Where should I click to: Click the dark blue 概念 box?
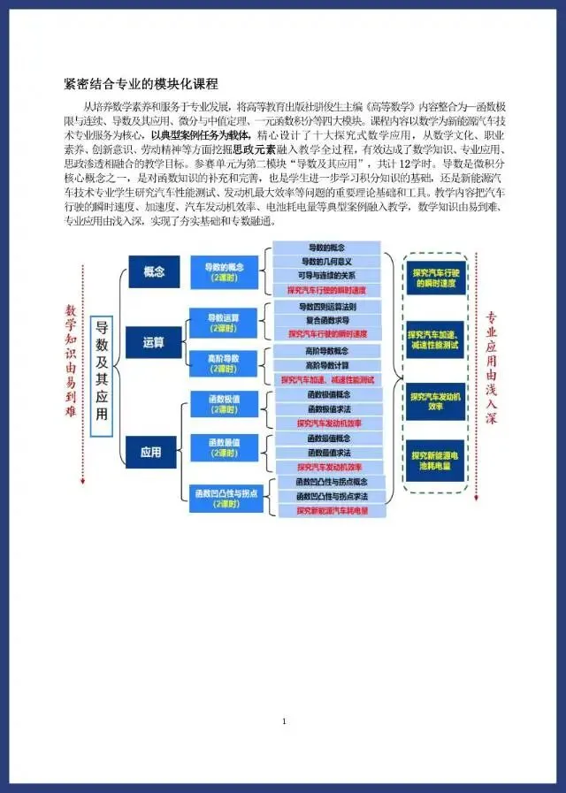tap(154, 271)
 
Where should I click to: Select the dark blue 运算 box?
tap(154, 342)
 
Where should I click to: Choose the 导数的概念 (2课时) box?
tap(225, 271)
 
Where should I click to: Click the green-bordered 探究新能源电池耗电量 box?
tap(435, 460)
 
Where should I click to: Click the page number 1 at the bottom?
tap(284, 722)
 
